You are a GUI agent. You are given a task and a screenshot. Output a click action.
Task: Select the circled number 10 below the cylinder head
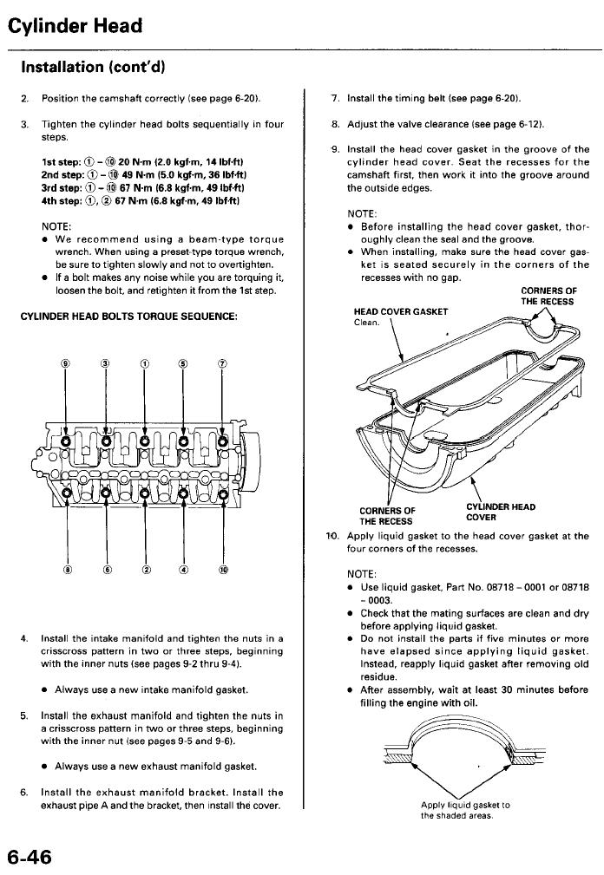point(223,571)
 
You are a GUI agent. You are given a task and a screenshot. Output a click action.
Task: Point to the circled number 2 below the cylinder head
point(145,571)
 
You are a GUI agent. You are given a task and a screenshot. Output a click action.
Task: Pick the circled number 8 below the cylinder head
point(65,571)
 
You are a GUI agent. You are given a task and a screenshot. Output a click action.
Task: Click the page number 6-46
point(30,857)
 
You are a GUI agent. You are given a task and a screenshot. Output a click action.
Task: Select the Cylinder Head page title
point(75,26)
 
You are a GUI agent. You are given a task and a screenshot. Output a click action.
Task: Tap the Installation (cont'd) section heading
point(87,66)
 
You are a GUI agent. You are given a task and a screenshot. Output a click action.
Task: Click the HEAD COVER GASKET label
point(401,311)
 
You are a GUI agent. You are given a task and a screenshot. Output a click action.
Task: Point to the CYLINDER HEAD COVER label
point(500,513)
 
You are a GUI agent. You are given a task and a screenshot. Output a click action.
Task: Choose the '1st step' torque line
point(142,162)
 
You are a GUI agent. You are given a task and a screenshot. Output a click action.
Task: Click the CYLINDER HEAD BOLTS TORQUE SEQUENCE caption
point(128,316)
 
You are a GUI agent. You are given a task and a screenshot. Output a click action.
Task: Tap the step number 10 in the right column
point(332,536)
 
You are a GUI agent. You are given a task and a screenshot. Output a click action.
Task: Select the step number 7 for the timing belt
point(335,99)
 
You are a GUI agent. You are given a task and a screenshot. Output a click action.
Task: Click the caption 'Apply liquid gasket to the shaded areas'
point(465,810)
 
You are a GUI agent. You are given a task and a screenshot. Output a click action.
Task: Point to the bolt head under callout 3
point(105,441)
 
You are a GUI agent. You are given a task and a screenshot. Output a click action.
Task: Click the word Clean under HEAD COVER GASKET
point(368,323)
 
